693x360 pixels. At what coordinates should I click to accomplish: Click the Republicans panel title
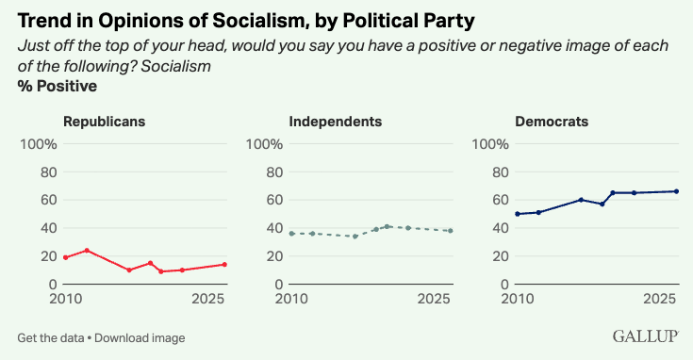click(x=105, y=122)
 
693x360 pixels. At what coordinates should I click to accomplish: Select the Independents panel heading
click(x=336, y=122)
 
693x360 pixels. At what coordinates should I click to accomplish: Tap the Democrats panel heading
click(x=552, y=122)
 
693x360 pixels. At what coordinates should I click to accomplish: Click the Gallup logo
click(x=645, y=336)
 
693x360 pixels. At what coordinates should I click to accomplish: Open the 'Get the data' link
click(x=51, y=338)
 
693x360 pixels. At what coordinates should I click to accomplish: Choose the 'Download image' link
click(x=140, y=338)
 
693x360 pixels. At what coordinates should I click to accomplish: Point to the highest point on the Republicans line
click(x=87, y=251)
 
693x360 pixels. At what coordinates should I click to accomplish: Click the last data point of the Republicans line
click(x=224, y=265)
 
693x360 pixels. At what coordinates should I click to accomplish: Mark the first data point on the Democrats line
click(x=518, y=214)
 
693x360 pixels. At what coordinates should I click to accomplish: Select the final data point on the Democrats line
click(x=676, y=191)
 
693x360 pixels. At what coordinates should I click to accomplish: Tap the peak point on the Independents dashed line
click(x=388, y=226)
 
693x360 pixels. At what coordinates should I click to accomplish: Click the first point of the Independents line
click(x=291, y=233)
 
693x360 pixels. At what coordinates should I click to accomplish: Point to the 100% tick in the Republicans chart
click(x=39, y=144)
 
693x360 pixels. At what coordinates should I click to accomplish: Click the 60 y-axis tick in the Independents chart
click(x=274, y=200)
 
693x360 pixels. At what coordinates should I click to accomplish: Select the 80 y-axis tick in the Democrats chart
click(x=501, y=172)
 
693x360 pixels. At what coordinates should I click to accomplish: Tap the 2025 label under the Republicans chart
click(x=207, y=299)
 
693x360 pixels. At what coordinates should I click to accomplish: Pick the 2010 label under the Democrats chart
click(x=518, y=299)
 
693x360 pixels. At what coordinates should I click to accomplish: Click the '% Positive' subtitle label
click(x=58, y=86)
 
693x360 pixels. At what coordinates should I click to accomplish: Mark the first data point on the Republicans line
click(x=66, y=257)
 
